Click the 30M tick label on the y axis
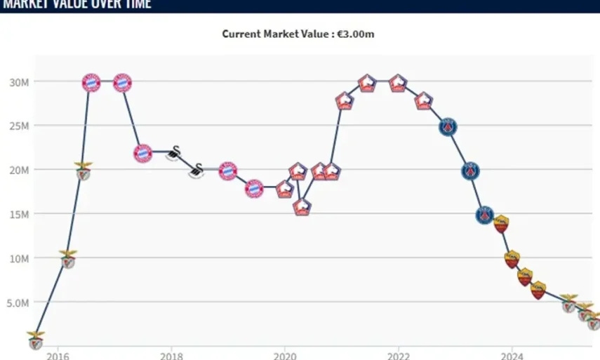[x=18, y=82]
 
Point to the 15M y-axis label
[x=18, y=214]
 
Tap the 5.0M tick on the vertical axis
[x=18, y=302]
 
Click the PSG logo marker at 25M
[x=448, y=127]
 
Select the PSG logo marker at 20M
[x=470, y=171]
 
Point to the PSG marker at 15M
[x=484, y=215]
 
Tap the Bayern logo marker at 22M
[x=142, y=153]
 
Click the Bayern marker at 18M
[x=254, y=188]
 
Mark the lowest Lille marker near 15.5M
[x=302, y=206]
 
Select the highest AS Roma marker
[x=501, y=224]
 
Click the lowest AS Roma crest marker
[x=538, y=290]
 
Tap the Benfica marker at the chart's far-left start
[x=35, y=340]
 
